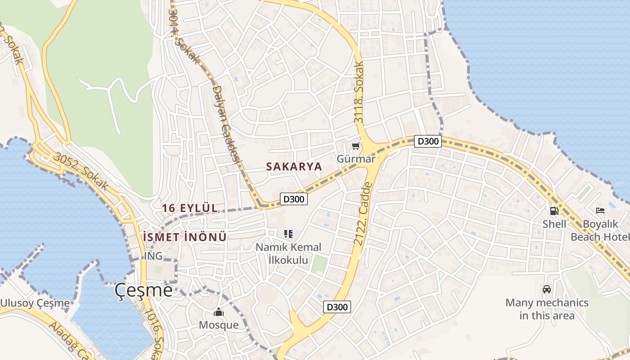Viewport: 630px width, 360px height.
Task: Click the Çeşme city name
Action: tap(144, 290)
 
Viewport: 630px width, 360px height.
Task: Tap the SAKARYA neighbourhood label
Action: tap(294, 166)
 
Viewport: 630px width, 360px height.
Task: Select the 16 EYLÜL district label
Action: tap(190, 208)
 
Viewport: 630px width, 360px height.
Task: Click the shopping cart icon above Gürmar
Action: tap(356, 146)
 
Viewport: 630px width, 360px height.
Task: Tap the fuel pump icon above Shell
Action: tap(554, 211)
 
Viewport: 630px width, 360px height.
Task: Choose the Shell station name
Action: tap(554, 224)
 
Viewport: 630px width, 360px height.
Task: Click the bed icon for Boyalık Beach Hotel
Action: tap(600, 211)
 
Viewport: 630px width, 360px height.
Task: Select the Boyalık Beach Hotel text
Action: tap(600, 230)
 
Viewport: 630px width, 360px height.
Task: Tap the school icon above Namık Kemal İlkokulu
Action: tap(288, 234)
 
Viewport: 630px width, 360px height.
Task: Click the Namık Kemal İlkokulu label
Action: tap(288, 253)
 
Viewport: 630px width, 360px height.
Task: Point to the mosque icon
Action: tap(219, 312)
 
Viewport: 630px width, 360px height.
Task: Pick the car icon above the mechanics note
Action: tap(547, 289)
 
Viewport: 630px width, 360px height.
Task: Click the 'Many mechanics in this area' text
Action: tap(547, 309)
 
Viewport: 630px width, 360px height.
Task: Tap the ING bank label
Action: tap(153, 256)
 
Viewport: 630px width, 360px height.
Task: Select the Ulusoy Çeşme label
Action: tap(35, 303)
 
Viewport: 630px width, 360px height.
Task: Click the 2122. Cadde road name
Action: tap(363, 214)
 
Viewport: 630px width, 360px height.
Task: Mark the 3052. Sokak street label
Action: tap(80, 171)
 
